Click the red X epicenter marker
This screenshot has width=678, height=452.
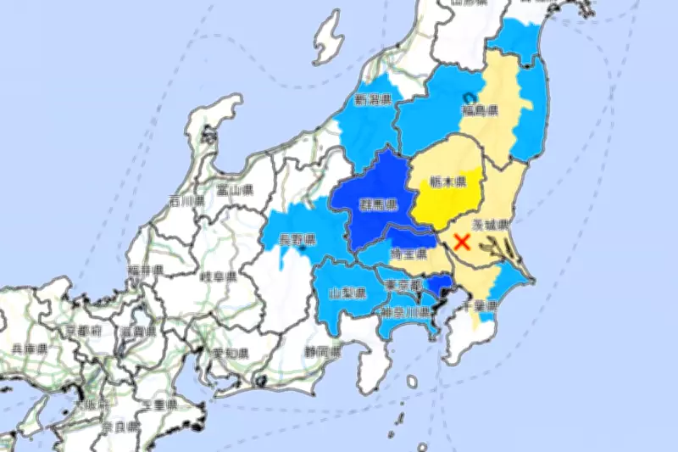[x=463, y=241]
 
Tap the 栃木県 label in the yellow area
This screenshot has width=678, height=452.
[x=447, y=181]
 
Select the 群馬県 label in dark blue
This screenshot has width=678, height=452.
[x=379, y=205]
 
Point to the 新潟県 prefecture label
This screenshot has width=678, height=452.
[x=373, y=101]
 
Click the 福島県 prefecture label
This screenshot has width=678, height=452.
[x=480, y=111]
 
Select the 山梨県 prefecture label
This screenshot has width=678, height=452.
[x=347, y=293]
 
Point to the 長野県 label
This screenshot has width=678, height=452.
[x=298, y=240]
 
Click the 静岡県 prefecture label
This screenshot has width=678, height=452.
[x=322, y=350]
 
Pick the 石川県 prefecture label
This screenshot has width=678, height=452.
[x=186, y=201]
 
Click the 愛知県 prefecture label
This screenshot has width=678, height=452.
[x=231, y=352]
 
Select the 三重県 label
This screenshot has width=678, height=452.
[x=158, y=405]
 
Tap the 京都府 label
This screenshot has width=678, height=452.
[x=84, y=328]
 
